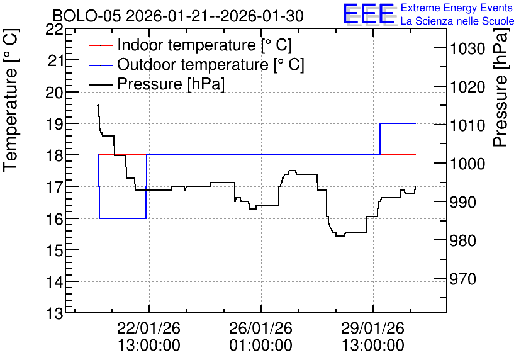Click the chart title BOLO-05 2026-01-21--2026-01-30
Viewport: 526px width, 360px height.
click(x=178, y=16)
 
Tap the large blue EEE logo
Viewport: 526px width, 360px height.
click(x=369, y=14)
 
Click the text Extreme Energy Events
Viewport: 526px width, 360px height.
click(x=457, y=8)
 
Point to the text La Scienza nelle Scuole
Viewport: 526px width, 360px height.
click(x=457, y=21)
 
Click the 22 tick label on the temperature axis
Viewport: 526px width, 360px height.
click(x=54, y=29)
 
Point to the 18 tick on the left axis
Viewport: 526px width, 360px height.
click(x=54, y=155)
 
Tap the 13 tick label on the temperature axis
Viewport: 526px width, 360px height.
click(x=54, y=313)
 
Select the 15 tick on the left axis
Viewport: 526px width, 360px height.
click(x=54, y=250)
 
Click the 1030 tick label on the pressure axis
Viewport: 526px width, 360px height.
click(x=467, y=49)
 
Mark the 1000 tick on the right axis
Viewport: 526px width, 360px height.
click(x=467, y=164)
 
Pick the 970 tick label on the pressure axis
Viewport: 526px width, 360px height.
click(x=463, y=279)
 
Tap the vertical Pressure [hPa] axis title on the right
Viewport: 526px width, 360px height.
click(x=501, y=87)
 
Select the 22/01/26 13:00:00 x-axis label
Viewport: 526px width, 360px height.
click(x=149, y=337)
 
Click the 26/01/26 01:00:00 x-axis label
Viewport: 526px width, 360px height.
click(x=260, y=337)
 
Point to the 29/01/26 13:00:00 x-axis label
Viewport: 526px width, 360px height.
click(x=372, y=337)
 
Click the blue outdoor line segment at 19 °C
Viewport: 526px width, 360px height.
click(x=398, y=123)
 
